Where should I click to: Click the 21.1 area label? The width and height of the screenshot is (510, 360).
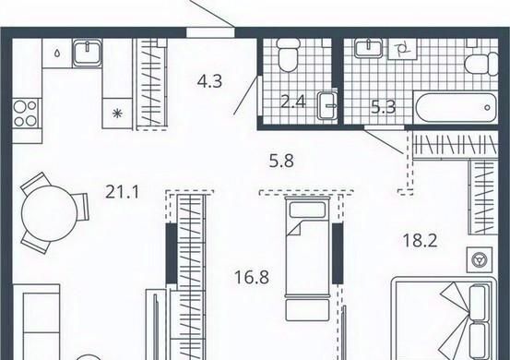tap(123, 192)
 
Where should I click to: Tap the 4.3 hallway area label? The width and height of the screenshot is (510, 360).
tap(209, 81)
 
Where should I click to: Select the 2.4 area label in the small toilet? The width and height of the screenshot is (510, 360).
tap(293, 102)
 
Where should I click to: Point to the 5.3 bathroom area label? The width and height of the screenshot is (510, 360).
tap(384, 107)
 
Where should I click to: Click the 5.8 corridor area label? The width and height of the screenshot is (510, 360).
tap(281, 161)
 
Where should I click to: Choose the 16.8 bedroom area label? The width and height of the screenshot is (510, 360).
tap(252, 278)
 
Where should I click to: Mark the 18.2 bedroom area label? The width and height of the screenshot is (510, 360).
tap(420, 241)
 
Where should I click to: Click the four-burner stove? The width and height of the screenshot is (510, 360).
tap(26, 113)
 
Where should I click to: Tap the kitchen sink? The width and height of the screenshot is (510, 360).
tap(88, 52)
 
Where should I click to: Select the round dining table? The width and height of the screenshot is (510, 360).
tap(49, 213)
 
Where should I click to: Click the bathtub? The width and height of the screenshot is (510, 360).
tap(455, 107)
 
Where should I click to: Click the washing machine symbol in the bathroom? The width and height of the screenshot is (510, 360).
tap(403, 50)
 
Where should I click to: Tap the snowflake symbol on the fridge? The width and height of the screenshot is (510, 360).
tap(117, 114)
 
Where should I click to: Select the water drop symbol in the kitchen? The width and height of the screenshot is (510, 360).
tap(57, 53)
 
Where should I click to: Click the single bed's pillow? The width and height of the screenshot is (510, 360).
tap(308, 210)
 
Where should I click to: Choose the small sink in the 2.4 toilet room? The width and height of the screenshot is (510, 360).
tap(327, 105)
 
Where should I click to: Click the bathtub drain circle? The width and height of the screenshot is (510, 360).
tap(487, 107)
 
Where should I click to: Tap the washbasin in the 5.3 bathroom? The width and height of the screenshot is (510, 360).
tap(369, 48)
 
